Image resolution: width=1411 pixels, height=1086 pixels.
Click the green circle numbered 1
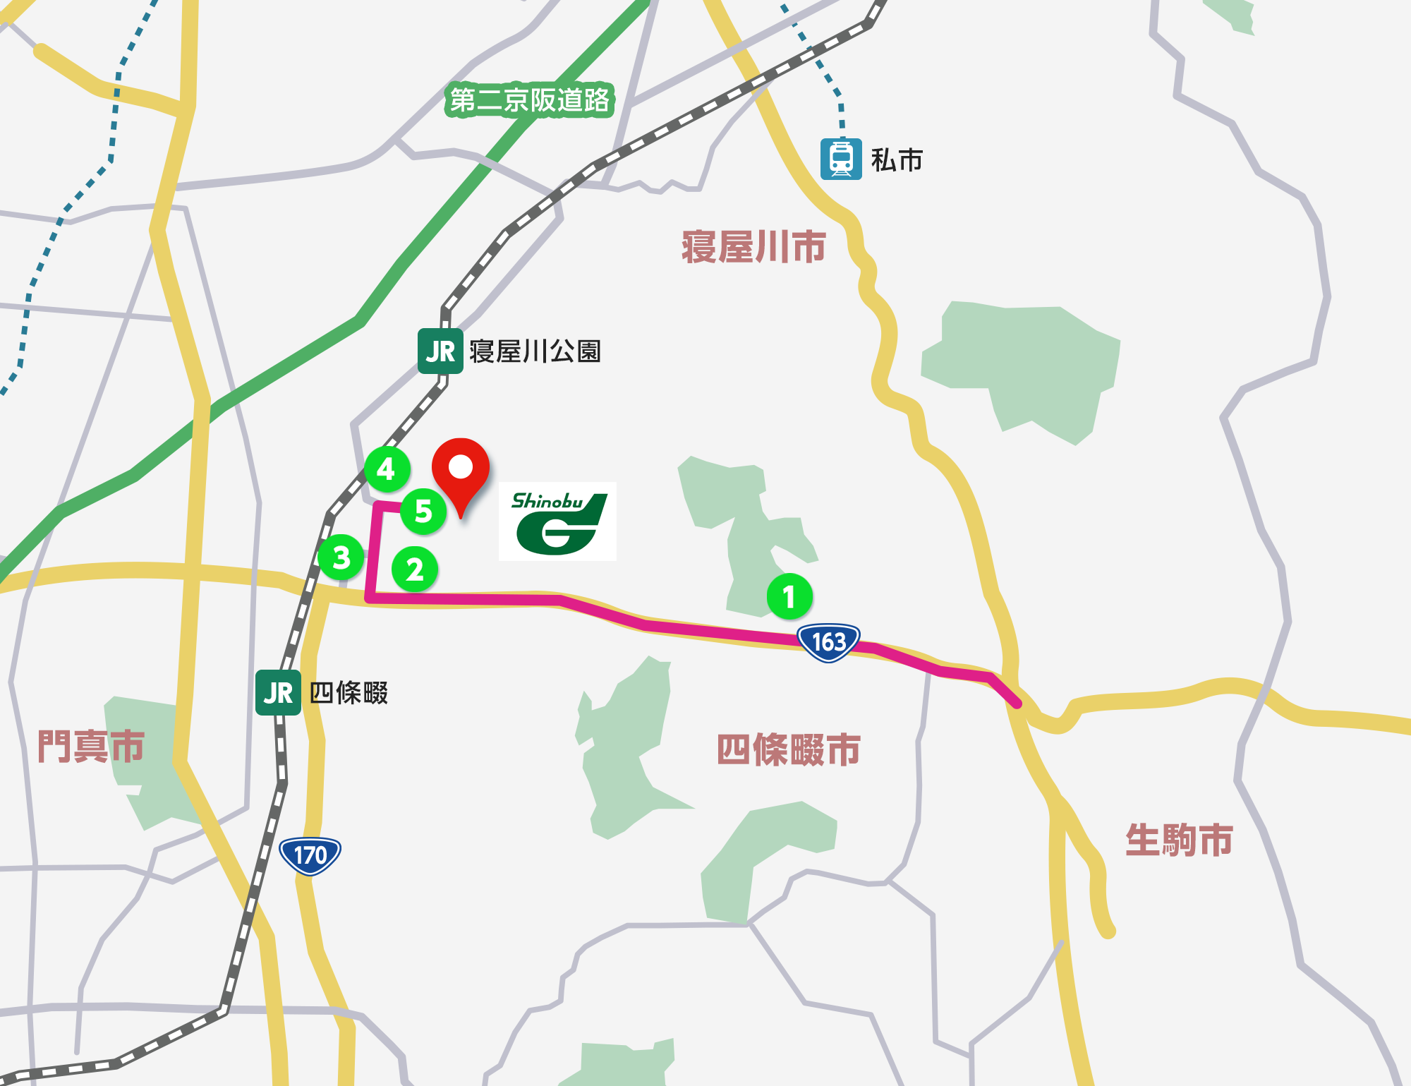[789, 597]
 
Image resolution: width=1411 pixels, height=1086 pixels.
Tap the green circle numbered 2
[415, 569]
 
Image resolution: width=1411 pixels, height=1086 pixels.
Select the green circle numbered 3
[341, 557]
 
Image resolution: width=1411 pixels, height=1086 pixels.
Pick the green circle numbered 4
[387, 469]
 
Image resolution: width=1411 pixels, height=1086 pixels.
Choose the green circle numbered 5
[423, 511]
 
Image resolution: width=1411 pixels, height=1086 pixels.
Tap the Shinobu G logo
[557, 521]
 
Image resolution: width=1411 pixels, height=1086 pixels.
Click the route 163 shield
[828, 642]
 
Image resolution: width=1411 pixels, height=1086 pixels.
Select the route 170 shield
[310, 855]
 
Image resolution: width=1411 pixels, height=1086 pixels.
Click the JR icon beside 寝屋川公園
[440, 351]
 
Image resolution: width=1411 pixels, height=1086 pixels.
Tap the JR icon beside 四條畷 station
[278, 693]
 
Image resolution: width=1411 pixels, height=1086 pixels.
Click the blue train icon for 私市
[841, 159]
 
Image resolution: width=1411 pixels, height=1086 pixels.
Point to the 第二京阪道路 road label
[529, 100]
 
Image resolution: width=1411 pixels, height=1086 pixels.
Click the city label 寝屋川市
[753, 247]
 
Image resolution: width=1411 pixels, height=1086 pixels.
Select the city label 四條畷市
[788, 749]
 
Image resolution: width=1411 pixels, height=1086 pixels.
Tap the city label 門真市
[91, 746]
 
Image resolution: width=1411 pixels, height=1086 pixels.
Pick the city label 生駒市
[1179, 840]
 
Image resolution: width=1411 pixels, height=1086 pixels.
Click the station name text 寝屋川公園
[535, 351]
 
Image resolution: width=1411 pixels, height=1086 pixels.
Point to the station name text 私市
[897, 160]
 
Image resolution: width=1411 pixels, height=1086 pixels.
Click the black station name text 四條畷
[349, 693]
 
